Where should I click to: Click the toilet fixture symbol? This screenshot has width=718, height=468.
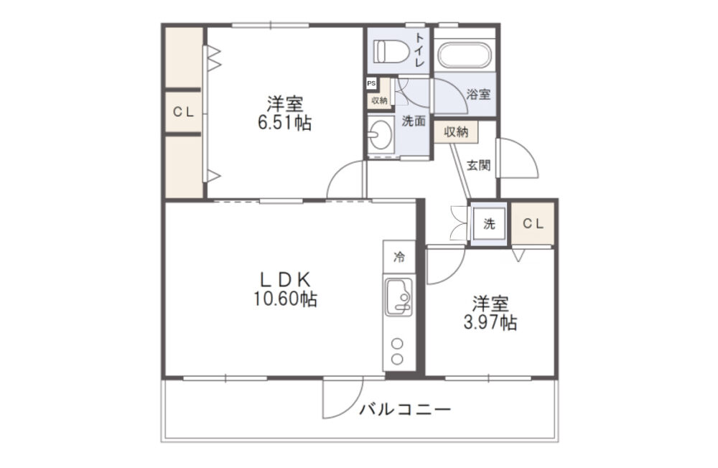coord(391,51)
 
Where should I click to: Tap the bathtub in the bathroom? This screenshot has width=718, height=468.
coord(465,55)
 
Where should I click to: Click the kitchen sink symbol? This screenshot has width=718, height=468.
coord(398,297)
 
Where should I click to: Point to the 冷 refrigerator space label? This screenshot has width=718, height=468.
coord(399,257)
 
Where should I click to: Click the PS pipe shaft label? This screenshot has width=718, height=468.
coord(371,83)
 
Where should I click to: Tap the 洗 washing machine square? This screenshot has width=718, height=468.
coord(489,224)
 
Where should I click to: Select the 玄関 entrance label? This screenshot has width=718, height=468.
coord(478,165)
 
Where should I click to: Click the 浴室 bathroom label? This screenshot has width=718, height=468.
coord(478,94)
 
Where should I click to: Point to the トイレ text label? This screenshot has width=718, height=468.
coord(419,50)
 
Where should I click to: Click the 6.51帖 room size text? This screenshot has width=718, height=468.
coord(285,123)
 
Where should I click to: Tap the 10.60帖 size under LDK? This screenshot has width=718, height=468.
coord(285,299)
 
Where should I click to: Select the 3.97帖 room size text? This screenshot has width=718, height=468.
coord(490,322)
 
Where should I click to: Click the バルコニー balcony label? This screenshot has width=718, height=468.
coord(405,408)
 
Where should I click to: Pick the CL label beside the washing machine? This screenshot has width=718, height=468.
coord(533,223)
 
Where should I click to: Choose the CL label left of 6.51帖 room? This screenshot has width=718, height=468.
coord(183,112)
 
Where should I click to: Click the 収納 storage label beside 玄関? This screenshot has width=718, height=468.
coord(456,132)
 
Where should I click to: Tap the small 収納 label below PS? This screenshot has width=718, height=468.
coord(379,100)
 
